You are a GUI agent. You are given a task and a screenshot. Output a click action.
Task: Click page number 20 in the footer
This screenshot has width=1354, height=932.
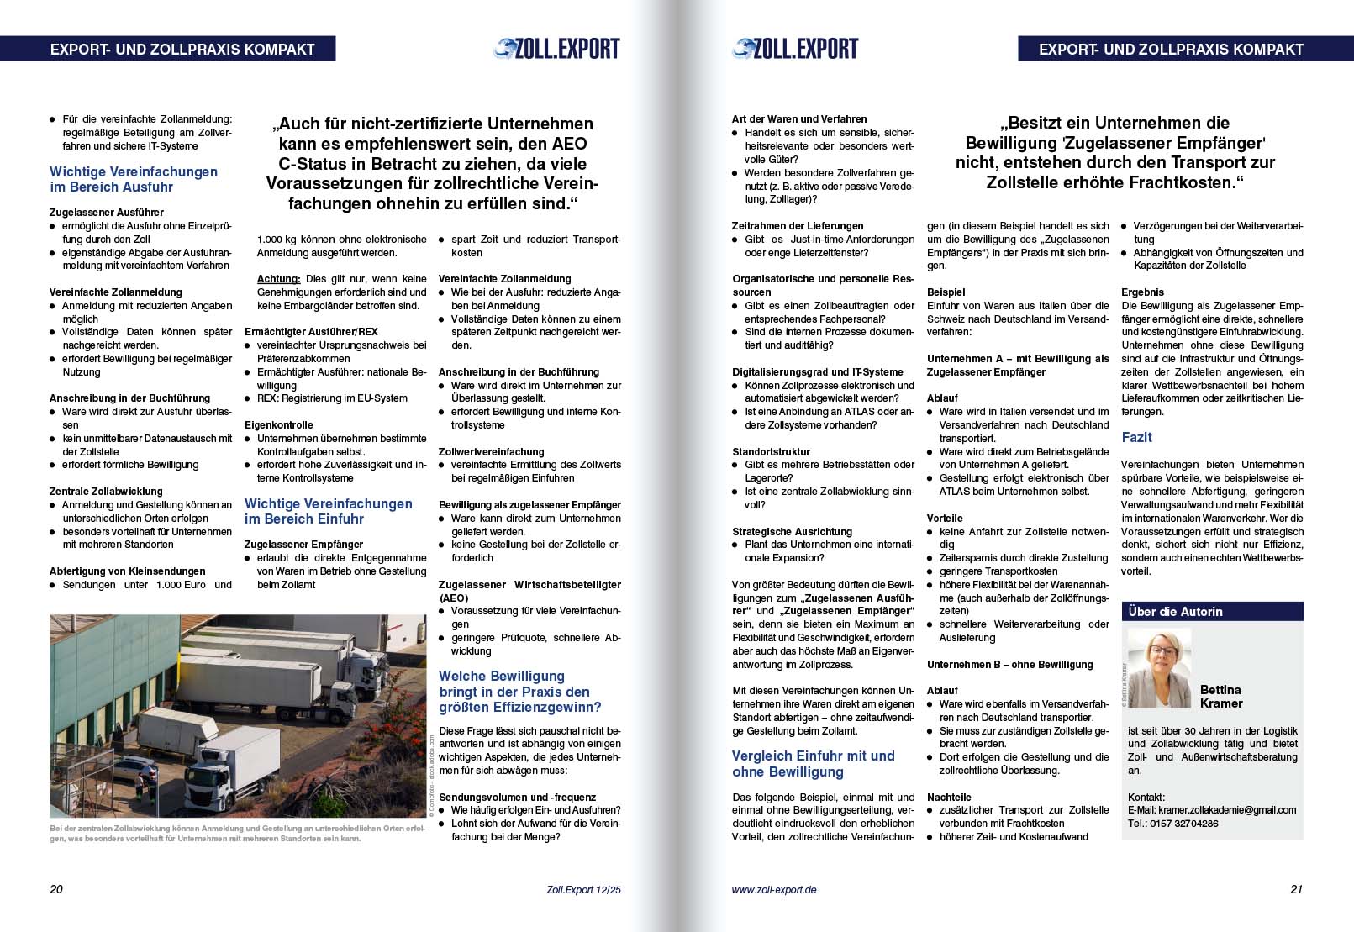(x=56, y=889)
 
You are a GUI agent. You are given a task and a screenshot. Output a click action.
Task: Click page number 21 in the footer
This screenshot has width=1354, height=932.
(x=1296, y=889)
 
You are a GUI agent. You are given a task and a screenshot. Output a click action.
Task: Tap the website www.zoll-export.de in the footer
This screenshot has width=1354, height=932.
(x=773, y=889)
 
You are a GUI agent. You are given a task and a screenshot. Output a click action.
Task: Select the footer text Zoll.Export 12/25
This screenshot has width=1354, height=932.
(x=582, y=889)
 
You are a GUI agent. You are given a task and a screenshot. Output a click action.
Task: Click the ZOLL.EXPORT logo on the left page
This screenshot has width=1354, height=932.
(x=556, y=49)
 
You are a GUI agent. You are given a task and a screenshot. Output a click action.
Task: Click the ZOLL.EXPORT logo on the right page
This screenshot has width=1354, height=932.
(x=795, y=49)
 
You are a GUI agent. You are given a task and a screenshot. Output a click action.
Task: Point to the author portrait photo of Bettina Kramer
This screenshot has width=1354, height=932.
(x=1159, y=668)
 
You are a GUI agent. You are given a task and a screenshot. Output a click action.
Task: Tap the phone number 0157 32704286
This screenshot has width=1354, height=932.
(x=1187, y=824)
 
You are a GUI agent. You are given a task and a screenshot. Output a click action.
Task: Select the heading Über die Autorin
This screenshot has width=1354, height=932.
(x=1175, y=612)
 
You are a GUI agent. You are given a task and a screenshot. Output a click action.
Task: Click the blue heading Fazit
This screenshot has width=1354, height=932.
(x=1136, y=438)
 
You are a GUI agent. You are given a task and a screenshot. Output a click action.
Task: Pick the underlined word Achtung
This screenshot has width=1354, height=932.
(x=278, y=279)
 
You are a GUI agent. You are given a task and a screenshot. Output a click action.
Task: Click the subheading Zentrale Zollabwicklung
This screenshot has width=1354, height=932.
(x=106, y=492)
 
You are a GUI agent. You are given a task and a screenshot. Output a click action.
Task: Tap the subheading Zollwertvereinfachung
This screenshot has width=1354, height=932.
(x=491, y=452)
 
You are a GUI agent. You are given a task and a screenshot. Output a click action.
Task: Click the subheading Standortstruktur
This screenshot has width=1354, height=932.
(x=771, y=452)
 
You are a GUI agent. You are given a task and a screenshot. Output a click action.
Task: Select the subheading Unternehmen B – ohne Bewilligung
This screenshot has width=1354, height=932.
(x=1009, y=665)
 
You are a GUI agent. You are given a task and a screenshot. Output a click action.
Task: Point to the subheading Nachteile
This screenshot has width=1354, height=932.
(x=949, y=798)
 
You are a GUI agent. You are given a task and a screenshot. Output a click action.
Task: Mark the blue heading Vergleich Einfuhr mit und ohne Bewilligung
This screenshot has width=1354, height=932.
(x=813, y=764)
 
